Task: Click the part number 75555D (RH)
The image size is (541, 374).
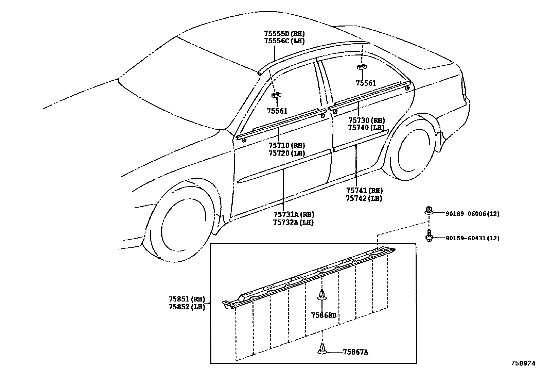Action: tap(284, 34)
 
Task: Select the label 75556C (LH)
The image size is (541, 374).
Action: tap(284, 41)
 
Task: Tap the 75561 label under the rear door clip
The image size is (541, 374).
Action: tap(366, 83)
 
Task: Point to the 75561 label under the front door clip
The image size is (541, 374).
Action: tap(277, 111)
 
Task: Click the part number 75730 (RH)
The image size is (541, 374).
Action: tap(366, 120)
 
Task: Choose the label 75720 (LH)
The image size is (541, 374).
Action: tap(286, 153)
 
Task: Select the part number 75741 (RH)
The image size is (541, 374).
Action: tap(364, 191)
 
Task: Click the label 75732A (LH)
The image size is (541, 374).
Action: tap(293, 222)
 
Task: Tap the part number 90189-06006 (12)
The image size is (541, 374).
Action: tap(472, 214)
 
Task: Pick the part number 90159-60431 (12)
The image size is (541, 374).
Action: tap(472, 238)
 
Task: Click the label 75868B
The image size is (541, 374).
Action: tap(324, 315)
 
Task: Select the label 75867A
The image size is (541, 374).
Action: tap(355, 352)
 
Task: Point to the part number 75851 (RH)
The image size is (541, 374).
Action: tap(187, 299)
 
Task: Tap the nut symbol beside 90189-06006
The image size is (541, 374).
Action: tap(429, 210)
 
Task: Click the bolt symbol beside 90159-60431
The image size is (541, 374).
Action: tap(429, 235)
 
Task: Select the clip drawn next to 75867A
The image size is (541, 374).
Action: tap(322, 349)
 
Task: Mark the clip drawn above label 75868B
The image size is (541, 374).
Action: tap(321, 295)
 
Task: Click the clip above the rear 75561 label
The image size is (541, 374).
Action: tap(361, 67)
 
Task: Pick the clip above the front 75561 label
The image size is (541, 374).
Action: tap(276, 95)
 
